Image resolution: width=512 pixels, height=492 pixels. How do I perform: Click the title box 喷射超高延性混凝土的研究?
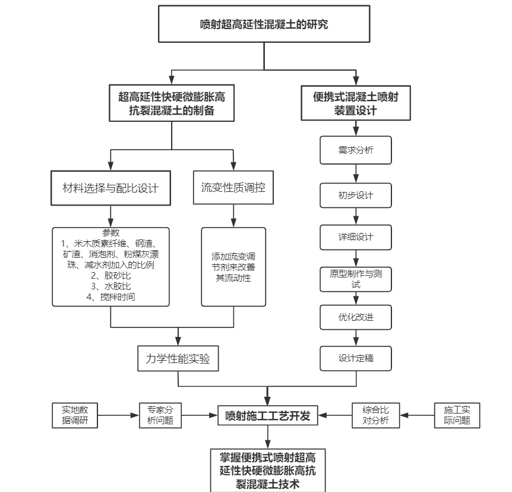[264, 24]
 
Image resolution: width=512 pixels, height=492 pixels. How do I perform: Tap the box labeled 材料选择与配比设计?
[111, 188]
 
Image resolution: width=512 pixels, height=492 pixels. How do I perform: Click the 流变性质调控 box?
[233, 188]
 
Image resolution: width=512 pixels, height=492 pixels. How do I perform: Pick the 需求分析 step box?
[356, 150]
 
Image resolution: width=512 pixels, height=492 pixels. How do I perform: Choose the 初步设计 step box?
[356, 195]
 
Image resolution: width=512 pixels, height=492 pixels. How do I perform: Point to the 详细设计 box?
[356, 237]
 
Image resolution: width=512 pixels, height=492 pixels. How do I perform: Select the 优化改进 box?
[356, 317]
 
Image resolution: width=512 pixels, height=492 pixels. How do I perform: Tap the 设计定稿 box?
[356, 358]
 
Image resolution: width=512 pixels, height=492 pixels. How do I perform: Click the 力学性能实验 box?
[178, 359]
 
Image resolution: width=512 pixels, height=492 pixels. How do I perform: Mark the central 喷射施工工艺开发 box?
[268, 415]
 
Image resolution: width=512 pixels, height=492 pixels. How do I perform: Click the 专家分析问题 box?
[160, 415]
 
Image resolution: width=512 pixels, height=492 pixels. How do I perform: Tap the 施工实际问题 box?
[457, 415]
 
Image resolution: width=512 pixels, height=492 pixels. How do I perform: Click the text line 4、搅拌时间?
[110, 297]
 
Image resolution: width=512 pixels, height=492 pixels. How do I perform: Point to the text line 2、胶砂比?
[110, 276]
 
